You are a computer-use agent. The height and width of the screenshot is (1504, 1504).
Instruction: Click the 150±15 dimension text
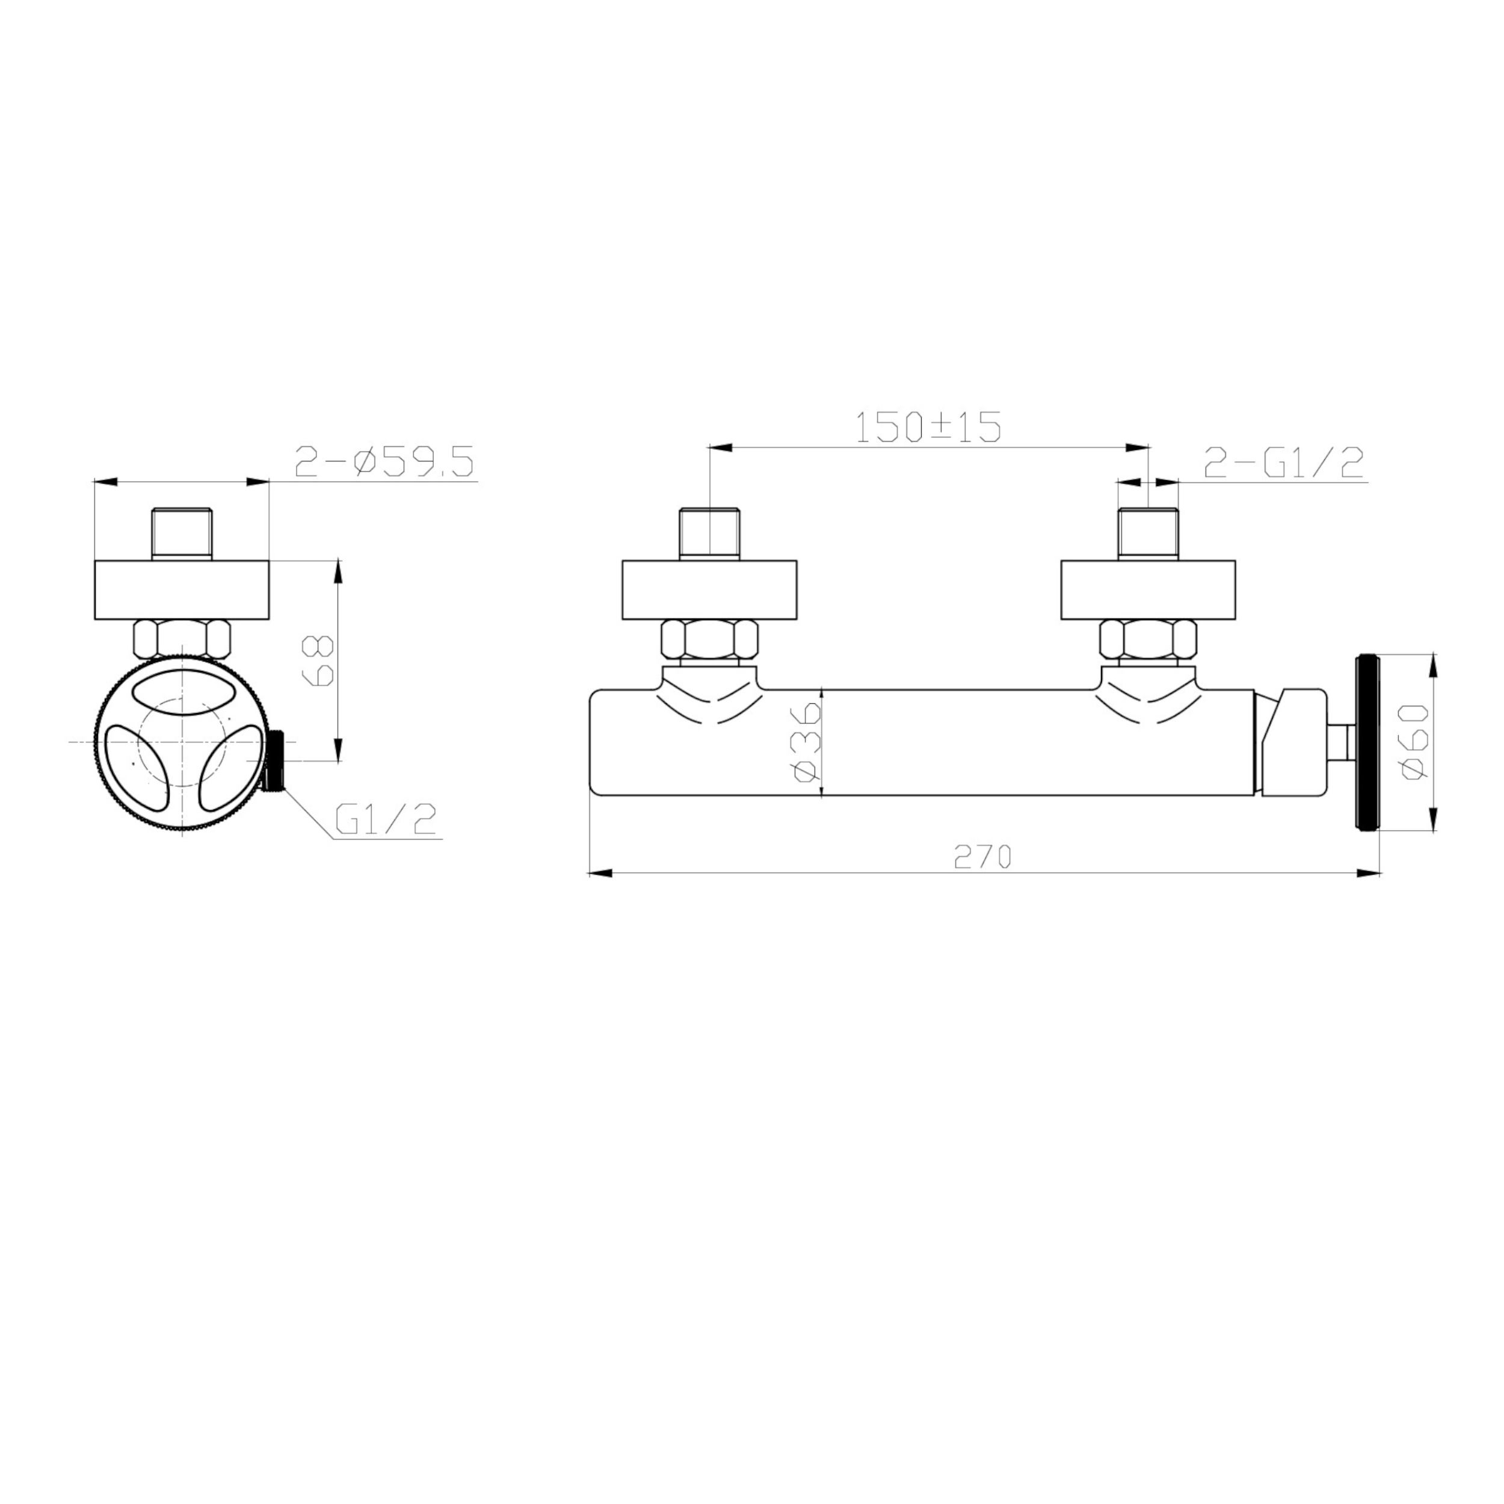(927, 427)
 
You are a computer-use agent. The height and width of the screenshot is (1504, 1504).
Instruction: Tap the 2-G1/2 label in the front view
(1284, 464)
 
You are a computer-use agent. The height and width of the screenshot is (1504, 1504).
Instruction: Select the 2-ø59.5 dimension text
(384, 463)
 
